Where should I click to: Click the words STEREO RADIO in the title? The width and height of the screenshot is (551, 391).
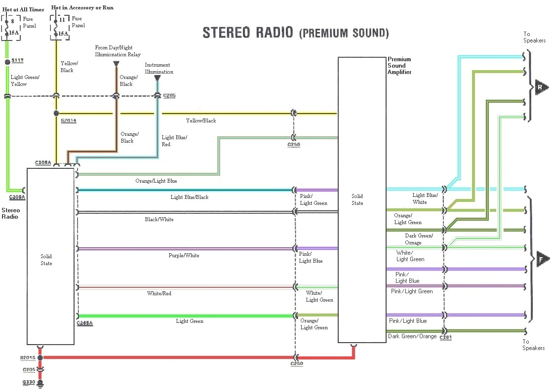click(249, 33)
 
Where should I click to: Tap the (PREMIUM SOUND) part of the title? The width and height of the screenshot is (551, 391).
click(344, 33)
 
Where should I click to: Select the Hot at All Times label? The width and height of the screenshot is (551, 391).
click(23, 9)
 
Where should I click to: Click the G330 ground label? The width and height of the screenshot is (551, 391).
click(29, 382)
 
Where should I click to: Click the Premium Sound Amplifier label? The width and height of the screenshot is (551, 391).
click(399, 66)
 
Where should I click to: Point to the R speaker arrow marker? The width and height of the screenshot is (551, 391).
click(541, 88)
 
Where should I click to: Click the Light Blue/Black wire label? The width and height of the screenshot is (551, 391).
click(190, 197)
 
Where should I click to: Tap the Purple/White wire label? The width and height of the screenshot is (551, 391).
click(184, 256)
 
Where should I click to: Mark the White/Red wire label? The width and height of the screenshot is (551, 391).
click(159, 294)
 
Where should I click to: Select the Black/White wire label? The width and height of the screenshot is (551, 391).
click(159, 220)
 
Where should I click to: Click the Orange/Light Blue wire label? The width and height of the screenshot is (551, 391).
click(156, 181)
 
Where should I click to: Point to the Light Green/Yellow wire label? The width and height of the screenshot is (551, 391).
click(25, 80)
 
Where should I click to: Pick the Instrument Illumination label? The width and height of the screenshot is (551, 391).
click(159, 68)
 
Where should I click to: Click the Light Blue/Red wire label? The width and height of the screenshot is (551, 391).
click(174, 141)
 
